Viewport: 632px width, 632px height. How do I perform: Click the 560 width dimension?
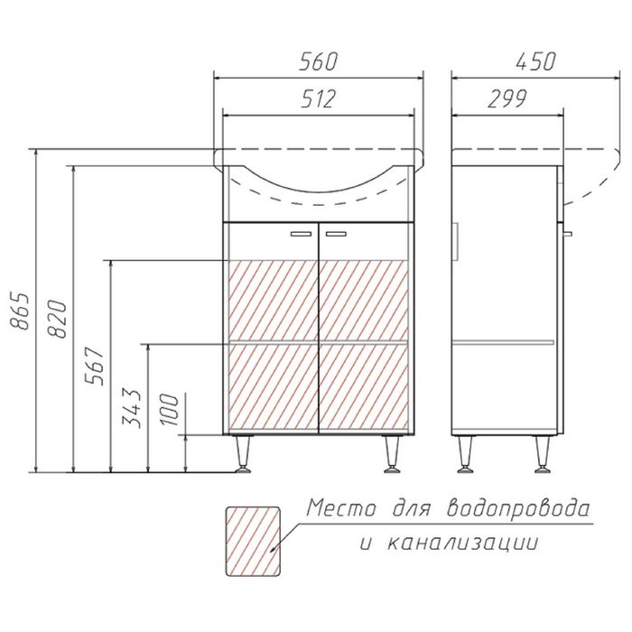tap(318, 61)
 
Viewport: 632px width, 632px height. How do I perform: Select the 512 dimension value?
tap(318, 98)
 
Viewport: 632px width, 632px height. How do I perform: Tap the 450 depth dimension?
tap(535, 61)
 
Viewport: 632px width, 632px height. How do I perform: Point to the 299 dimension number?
tap(507, 98)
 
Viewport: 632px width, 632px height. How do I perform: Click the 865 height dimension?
tap(20, 311)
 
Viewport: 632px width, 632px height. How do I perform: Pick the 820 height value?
tap(57, 319)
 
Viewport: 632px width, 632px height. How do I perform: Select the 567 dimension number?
tap(94, 366)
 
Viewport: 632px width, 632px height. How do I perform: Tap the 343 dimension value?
tap(132, 409)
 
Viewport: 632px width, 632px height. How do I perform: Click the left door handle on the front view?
tap(301, 234)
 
